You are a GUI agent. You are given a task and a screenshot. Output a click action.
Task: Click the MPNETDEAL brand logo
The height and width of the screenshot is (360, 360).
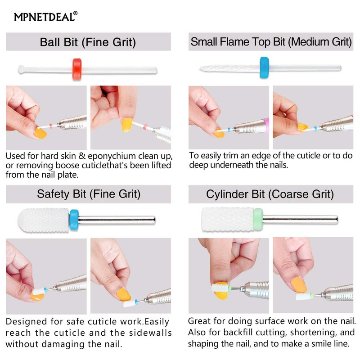tap(46, 17)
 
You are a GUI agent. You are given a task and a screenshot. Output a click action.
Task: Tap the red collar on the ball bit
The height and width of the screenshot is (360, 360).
tap(77, 69)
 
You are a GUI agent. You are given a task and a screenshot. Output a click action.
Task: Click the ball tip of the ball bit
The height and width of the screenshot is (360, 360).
tap(21, 69)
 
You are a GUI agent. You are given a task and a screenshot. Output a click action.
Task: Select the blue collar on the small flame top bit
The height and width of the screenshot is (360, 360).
tap(264, 67)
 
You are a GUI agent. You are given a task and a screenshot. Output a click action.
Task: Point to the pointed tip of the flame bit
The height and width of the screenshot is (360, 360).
tap(200, 68)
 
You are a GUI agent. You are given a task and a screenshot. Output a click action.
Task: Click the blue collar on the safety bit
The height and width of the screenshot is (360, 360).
tap(74, 220)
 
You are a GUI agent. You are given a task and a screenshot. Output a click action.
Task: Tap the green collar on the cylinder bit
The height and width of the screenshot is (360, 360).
tap(258, 220)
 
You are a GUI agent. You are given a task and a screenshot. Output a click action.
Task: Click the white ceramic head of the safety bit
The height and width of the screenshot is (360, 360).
tap(43, 220)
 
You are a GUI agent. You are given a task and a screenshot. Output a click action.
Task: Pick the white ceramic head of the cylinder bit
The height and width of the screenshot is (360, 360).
tap(228, 220)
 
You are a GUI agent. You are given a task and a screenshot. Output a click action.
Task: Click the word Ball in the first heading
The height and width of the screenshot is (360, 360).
tap(50, 42)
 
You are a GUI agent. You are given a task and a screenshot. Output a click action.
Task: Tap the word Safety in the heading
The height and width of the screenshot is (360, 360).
tap(53, 194)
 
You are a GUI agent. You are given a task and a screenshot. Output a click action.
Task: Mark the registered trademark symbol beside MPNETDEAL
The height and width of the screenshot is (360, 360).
tap(76, 13)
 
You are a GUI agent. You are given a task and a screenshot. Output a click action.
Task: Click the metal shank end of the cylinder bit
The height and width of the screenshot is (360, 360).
tap(337, 220)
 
